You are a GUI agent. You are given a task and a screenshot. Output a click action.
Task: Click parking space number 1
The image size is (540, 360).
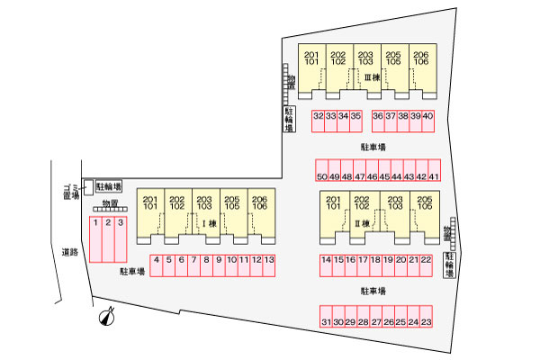pos(95,239)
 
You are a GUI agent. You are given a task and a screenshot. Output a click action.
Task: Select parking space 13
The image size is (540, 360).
pos(269,265)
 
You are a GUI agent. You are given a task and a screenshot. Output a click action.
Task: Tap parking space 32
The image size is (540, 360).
pos(319,121)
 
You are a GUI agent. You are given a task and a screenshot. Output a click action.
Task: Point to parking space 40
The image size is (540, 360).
pos(427,121)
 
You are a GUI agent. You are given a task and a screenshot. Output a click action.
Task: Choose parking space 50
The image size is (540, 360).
pos(322,170)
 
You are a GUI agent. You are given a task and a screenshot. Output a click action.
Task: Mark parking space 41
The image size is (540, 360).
pos(435,170)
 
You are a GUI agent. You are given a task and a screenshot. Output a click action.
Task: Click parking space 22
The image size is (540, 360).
pos(426,265)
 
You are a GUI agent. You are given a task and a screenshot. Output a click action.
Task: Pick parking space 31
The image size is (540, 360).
pos(326,316)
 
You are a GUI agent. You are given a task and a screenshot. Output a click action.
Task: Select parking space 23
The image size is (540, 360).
pos(426,316)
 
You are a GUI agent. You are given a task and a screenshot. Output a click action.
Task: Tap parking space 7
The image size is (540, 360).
pos(193,265)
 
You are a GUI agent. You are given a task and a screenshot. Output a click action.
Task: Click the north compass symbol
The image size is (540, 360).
pos(107,317)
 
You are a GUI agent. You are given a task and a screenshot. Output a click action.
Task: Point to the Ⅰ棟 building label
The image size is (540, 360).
pos(210,224)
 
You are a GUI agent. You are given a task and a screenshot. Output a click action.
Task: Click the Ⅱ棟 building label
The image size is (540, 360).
pos(363,224)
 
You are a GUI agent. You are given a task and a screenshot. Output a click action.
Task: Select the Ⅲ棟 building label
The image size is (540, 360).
pos(373,77)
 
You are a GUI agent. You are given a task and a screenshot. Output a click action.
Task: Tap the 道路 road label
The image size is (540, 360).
pos(70,252)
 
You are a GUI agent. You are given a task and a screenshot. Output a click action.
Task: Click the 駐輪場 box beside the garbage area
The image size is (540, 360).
pos(109,186)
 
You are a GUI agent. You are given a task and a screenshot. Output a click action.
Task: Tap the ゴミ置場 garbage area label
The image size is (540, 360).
pos(72,192)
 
